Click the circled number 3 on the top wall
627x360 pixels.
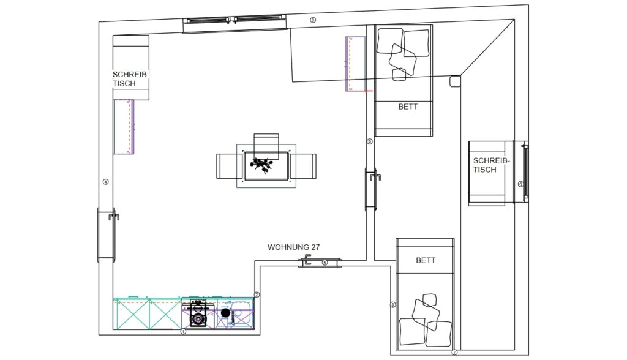(313, 20)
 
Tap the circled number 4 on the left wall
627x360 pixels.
(105, 182)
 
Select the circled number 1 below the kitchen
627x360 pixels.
(184, 332)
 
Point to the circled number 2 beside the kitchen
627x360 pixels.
(257, 295)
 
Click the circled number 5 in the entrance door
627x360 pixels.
(325, 263)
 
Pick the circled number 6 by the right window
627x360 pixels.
(520, 184)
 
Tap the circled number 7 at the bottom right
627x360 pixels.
(454, 353)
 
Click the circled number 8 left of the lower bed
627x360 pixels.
(392, 305)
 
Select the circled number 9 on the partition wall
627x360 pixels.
(369, 141)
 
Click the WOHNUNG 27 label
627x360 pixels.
(293, 247)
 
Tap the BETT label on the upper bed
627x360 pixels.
(408, 107)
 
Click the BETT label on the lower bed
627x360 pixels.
(426, 260)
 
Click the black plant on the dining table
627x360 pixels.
(262, 165)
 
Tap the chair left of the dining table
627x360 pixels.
(230, 166)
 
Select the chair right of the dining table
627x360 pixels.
(303, 166)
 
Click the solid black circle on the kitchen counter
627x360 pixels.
(225, 313)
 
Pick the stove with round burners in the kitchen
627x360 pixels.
(198, 314)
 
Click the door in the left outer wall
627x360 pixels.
(107, 235)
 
